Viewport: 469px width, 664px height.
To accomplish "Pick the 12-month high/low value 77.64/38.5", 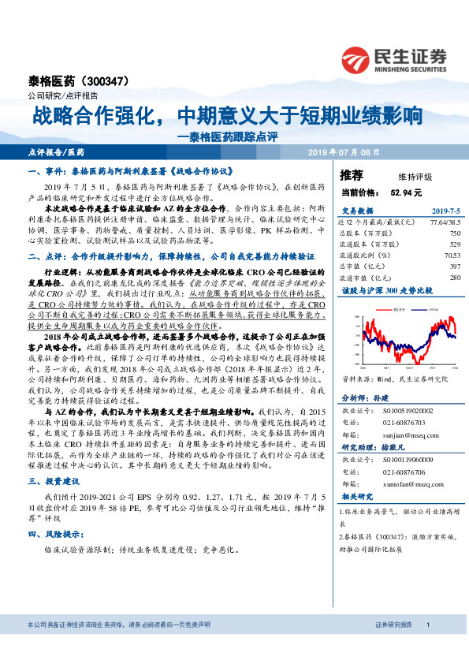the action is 442,222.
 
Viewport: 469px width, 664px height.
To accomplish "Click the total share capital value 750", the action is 453,233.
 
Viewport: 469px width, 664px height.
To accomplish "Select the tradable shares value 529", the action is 453,244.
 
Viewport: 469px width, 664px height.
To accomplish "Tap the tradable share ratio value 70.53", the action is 451,255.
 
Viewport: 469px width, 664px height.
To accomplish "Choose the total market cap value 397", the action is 453,266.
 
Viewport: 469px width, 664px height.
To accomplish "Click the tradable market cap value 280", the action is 453,277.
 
